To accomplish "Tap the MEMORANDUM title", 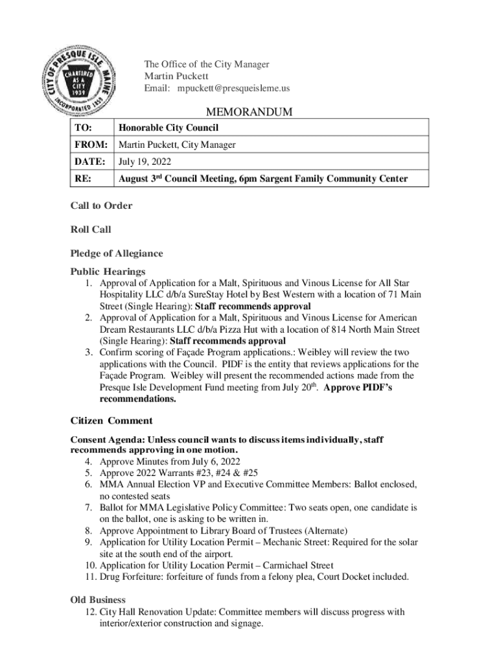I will tap(249, 113).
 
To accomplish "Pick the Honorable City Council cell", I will tap(167, 128).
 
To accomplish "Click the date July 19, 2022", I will tap(144, 161).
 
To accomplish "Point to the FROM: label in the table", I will tap(90, 145).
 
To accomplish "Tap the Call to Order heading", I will tap(101, 206).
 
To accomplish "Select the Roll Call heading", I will tap(91, 230).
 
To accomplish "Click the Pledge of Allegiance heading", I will tap(117, 254).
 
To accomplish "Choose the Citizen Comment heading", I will tap(111, 421).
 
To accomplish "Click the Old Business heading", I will tap(97, 600).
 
